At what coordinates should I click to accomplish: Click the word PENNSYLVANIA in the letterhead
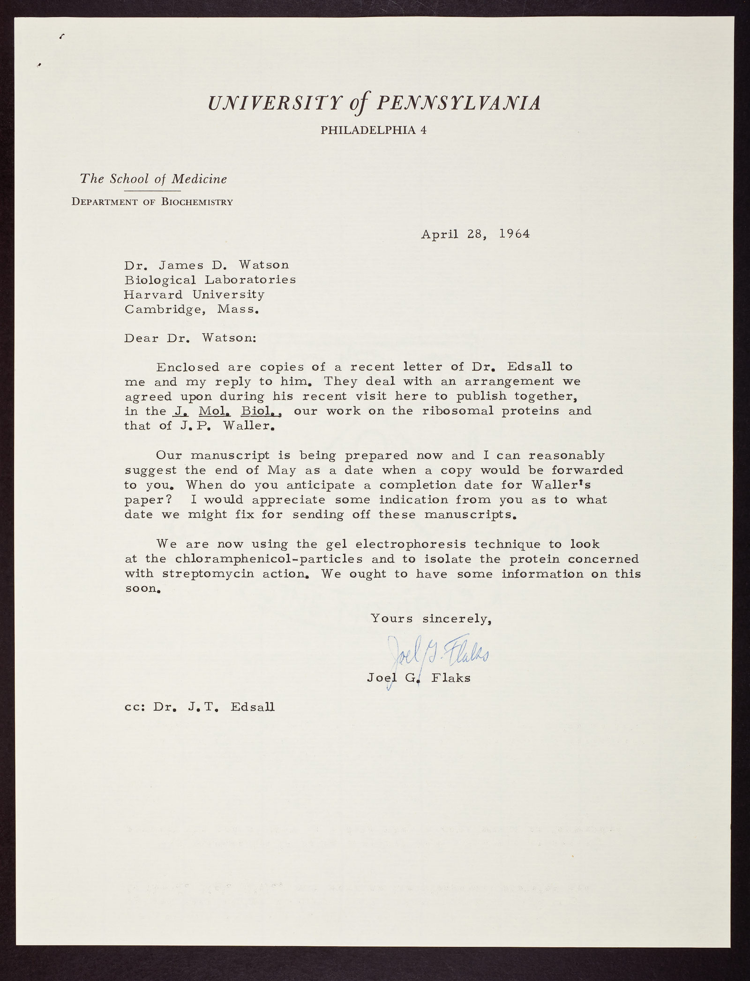coord(458,103)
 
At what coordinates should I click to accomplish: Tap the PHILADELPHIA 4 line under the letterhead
coord(373,130)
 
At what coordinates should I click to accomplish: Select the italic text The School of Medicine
coord(153,179)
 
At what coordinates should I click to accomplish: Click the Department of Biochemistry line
coord(152,202)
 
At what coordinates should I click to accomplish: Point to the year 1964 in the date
coord(514,234)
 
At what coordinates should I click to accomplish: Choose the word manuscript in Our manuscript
coord(230,455)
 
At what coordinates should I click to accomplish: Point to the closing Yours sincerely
coord(431,619)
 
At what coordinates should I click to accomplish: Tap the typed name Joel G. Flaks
coord(419,678)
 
